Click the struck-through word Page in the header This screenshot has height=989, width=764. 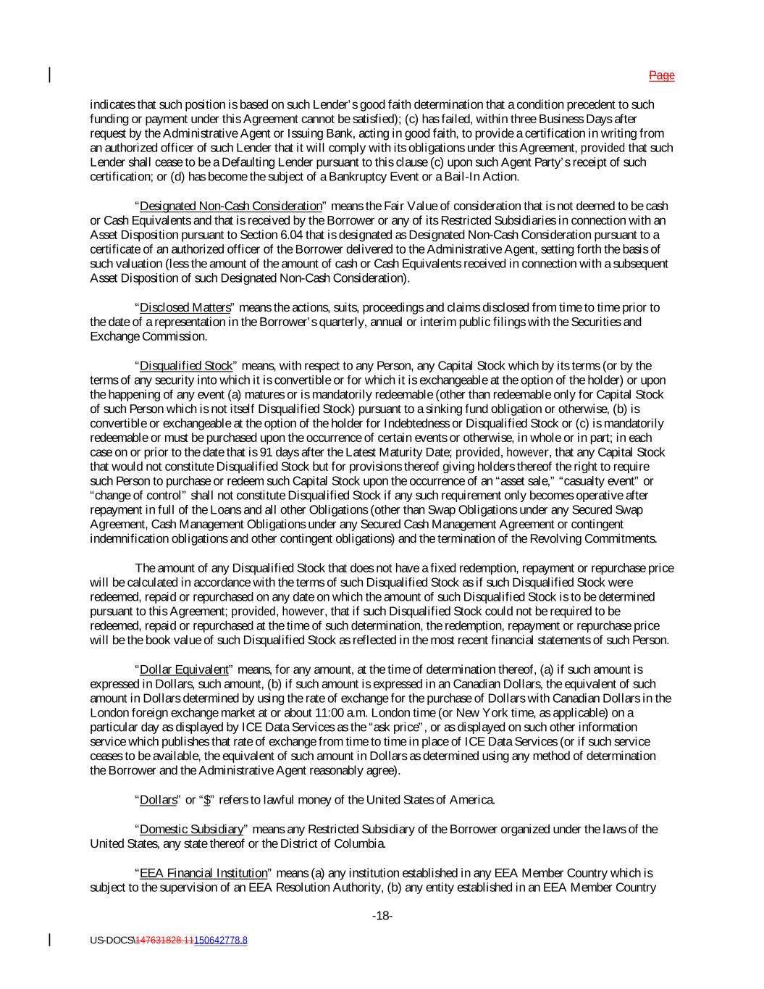661,75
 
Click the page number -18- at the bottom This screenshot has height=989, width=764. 382,917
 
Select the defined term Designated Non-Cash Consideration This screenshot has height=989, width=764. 230,206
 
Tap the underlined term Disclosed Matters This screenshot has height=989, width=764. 185,308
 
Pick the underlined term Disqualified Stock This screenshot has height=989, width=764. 186,366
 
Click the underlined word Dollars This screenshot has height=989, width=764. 158,801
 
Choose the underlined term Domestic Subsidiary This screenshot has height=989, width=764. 191,830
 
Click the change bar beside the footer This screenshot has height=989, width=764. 50,940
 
